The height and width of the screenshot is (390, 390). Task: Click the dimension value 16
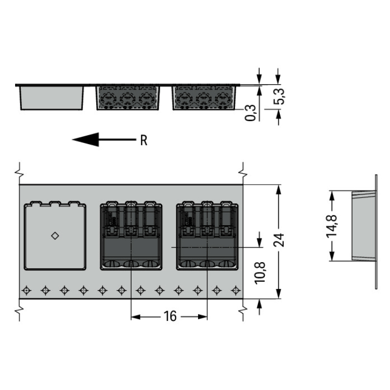170,316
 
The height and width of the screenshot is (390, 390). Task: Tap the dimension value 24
279,240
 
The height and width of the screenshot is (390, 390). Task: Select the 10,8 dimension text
260,272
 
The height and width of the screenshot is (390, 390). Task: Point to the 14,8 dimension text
332,226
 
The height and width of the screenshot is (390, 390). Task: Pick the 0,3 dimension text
250,113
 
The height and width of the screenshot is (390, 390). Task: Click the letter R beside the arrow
144,140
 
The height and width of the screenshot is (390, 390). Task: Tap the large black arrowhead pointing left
85,139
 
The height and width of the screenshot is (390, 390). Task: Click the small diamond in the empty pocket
55,236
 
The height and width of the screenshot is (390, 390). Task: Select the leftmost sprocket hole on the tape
27,290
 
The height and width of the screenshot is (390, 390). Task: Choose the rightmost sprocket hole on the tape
236,290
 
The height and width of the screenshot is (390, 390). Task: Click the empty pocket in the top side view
51,98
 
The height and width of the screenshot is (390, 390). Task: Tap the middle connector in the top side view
128,98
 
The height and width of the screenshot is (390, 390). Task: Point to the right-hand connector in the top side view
204,98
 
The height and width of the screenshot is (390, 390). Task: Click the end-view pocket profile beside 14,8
363,226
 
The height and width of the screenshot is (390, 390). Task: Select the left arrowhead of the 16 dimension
136,317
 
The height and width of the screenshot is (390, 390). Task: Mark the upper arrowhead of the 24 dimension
279,190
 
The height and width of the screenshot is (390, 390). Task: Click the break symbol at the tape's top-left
19,172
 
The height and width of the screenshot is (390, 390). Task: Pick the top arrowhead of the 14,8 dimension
332,196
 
